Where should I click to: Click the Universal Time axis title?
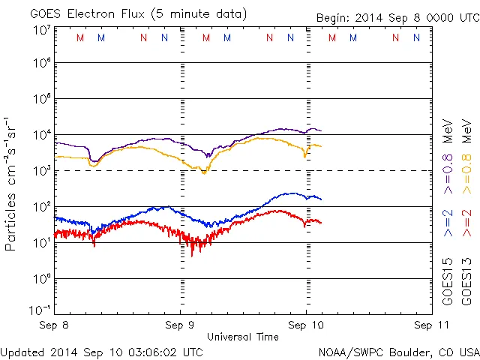243,337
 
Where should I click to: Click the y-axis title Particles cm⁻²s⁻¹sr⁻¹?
11,183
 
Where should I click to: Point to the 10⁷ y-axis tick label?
40,31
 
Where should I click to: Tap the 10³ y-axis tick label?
40,172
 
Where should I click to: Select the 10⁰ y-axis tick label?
40,279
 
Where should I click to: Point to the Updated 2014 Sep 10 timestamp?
102,351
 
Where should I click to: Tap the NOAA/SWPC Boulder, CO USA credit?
398,351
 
